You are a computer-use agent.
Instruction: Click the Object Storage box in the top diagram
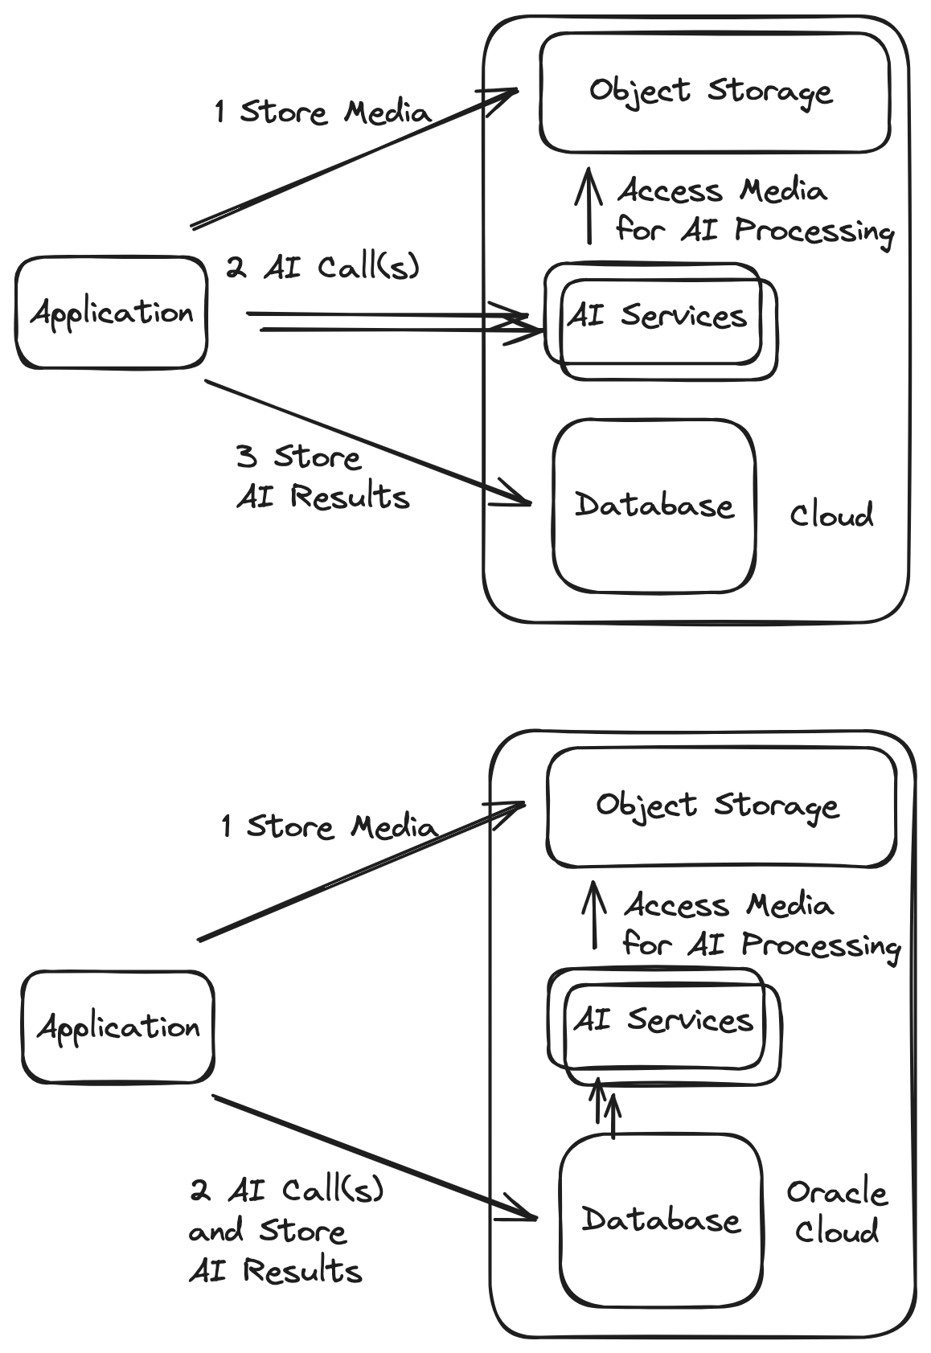pos(714,92)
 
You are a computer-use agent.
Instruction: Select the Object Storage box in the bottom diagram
pos(720,806)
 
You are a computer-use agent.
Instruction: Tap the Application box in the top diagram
pos(111,313)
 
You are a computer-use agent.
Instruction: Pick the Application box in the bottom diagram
pos(117,1027)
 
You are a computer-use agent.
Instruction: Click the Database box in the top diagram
pos(654,506)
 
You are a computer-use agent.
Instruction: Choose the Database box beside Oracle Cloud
pos(660,1220)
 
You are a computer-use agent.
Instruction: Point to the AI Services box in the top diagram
pos(658,317)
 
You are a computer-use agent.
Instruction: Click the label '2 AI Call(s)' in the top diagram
pos(322,267)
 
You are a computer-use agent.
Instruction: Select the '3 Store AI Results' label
pos(322,478)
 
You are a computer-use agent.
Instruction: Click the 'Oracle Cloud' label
pos(837,1212)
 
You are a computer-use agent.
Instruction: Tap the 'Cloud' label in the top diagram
pos(831,515)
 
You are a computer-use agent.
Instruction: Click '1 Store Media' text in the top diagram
pos(322,111)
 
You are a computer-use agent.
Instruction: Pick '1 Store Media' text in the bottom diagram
pos(328,826)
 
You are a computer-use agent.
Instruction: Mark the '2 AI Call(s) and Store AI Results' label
pos(285,1231)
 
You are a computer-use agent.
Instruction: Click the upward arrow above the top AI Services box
pos(590,205)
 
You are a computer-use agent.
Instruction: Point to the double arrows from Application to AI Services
pos(394,322)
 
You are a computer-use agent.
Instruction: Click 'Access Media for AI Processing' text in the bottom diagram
pos(760,925)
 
